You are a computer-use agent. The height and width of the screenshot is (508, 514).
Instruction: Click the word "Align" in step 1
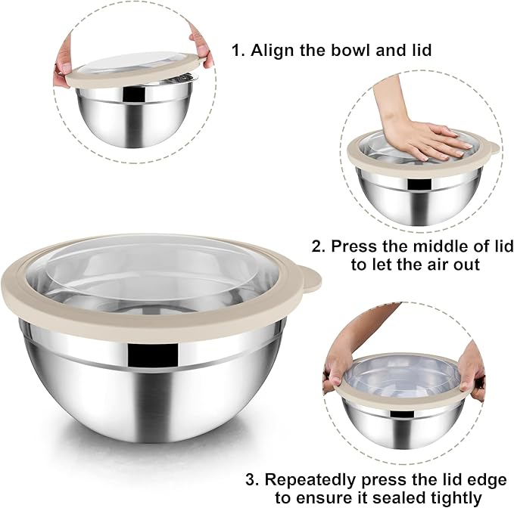(269, 51)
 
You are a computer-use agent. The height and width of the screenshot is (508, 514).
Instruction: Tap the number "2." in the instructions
(319, 246)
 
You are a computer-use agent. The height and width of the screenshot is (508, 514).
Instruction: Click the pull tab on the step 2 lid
(493, 148)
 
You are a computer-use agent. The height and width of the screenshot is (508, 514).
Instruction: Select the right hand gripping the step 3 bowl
(471, 369)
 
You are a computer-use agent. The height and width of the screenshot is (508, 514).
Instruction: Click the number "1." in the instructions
(238, 51)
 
